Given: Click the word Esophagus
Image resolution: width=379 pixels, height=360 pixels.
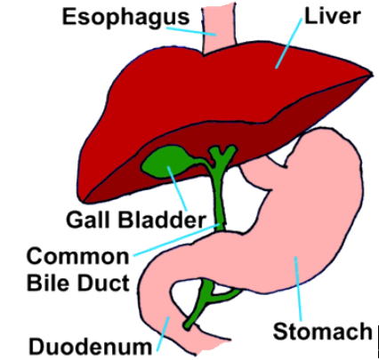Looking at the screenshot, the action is coord(125,18).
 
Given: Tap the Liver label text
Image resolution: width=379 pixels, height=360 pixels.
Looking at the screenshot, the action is coord(333,16).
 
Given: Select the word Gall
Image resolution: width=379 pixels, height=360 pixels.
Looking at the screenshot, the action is coord(89,220).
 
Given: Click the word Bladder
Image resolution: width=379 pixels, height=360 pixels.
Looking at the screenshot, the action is coord(162,220).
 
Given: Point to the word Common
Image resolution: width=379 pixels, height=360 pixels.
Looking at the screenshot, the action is coord(78,256).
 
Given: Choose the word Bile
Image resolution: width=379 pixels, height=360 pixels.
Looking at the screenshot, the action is coord(47,283).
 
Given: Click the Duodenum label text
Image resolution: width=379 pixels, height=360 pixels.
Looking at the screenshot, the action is coord(90,347).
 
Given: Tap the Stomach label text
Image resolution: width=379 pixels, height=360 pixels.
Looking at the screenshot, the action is coord(322,331).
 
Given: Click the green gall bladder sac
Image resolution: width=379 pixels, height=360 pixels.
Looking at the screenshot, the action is coord(166,162).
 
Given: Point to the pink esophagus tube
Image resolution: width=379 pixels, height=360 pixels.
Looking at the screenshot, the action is coord(219,28).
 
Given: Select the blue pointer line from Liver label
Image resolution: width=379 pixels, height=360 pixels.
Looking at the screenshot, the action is coord(289,44).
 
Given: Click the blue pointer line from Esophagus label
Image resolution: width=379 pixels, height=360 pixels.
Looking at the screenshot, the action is coord(191,32).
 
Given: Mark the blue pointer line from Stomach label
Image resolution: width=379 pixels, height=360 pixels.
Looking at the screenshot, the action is coord(298,289).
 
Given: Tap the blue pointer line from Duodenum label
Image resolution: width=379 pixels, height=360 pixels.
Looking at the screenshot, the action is coord(163,334).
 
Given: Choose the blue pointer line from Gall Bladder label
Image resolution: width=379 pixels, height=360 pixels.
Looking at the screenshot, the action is coord(177,188).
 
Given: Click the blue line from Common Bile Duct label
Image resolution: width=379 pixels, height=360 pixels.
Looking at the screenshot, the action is coord(177,240).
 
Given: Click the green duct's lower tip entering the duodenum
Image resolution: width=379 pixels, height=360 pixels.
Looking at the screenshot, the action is coord(188,327).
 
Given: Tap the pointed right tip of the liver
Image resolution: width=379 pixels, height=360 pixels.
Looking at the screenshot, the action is coord(373,74).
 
